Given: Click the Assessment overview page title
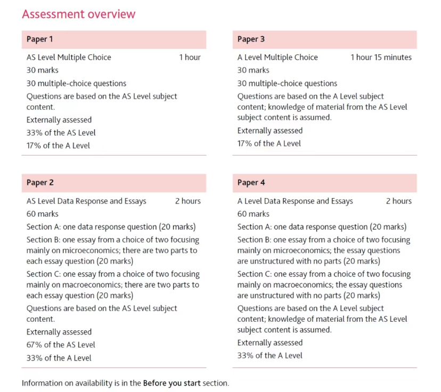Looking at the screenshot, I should [x=79, y=14].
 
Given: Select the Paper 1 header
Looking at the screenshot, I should [x=40, y=39].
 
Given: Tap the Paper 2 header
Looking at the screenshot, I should [x=40, y=183].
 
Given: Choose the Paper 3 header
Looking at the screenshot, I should [x=251, y=39].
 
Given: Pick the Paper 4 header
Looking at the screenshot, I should [x=251, y=183].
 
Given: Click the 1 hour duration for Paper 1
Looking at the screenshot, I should [x=190, y=58].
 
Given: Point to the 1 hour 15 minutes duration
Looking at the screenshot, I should [x=381, y=58].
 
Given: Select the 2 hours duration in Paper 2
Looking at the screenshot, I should [x=187, y=201].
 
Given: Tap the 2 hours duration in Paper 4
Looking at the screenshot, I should [x=398, y=201].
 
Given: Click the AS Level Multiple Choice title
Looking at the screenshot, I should [x=69, y=58].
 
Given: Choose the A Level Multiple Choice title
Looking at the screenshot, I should [x=277, y=58].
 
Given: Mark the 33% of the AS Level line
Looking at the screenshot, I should [x=61, y=133].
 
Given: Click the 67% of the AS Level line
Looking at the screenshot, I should [x=61, y=345].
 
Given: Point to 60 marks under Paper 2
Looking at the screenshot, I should [x=43, y=214].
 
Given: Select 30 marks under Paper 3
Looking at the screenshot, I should [x=254, y=70].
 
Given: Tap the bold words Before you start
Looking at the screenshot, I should [x=171, y=383].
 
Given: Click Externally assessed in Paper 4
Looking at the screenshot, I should [x=270, y=342].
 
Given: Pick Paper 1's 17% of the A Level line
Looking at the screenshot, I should [x=59, y=145].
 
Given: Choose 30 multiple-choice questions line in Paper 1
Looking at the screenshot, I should [x=77, y=84].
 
